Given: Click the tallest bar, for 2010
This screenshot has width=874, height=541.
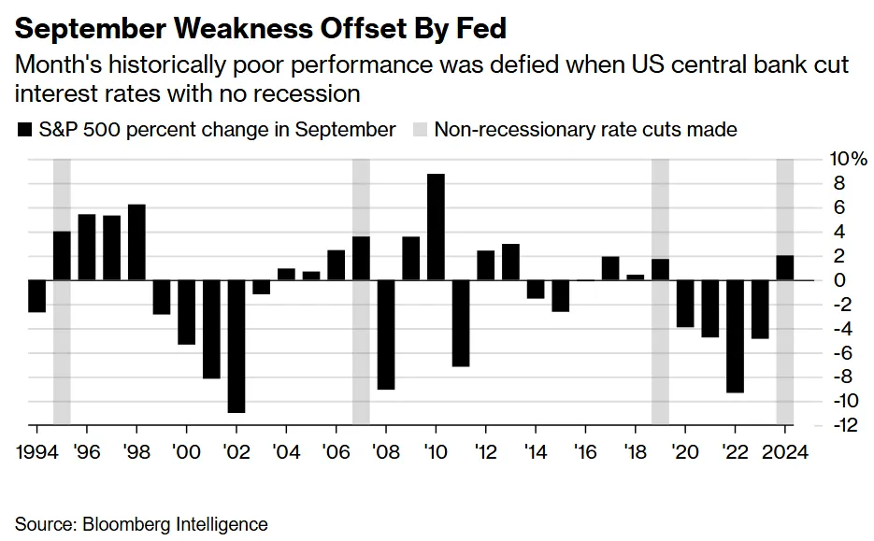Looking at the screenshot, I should pos(436,227).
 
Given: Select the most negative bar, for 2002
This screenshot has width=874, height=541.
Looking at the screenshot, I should pos(236,346).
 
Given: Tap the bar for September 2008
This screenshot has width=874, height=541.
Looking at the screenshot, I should pos(385,334).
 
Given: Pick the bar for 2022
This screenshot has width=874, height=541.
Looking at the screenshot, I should pos(735,335).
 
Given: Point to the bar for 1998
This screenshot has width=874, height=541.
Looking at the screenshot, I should pos(136,242).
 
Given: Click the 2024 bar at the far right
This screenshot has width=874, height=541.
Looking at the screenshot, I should pos(785,267).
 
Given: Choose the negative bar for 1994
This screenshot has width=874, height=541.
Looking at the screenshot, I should pos(36,295).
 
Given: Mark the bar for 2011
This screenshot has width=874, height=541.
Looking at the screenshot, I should pos(460,322).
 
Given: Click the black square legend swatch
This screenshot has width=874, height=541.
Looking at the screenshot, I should pos(24,130).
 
